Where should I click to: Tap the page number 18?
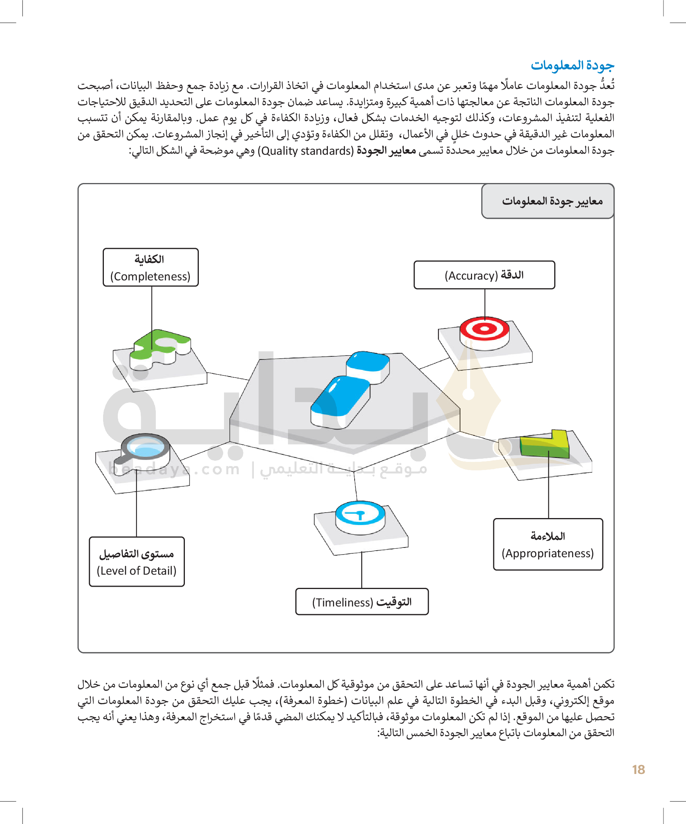click(638, 770)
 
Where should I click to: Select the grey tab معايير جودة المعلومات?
click(548, 201)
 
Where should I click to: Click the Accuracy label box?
click(484, 275)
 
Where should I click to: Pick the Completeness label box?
click(151, 268)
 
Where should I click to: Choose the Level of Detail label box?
click(136, 562)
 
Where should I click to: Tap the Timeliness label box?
click(362, 601)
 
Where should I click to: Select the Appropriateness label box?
click(548, 545)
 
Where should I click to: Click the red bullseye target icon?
click(484, 330)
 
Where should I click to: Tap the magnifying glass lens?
click(145, 446)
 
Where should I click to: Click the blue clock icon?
click(360, 514)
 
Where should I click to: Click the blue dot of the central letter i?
click(368, 362)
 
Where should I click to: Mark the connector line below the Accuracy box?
click(485, 302)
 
